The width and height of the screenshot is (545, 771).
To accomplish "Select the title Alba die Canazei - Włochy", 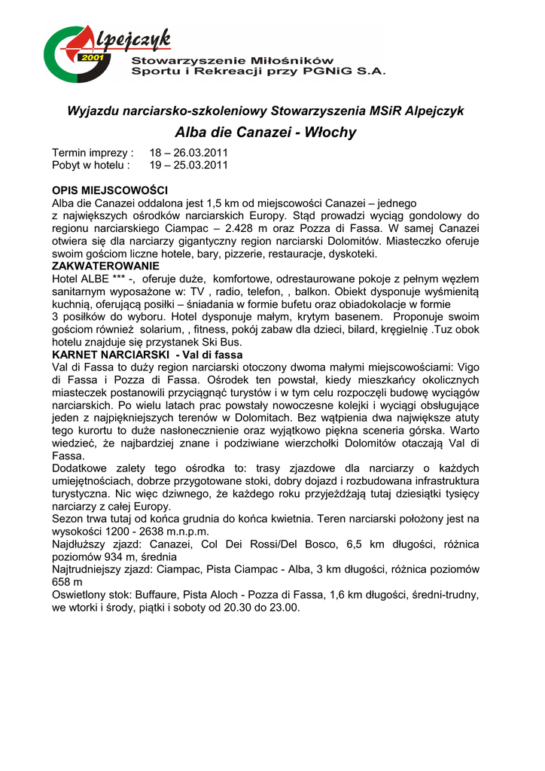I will pyautogui.click(x=266, y=133).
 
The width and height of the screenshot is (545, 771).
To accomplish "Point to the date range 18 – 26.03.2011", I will pyautogui.click(x=187, y=152).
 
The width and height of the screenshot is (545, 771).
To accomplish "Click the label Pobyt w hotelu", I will pyautogui.click(x=90, y=164).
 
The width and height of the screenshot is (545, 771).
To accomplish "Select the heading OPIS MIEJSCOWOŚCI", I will pyautogui.click(x=109, y=191).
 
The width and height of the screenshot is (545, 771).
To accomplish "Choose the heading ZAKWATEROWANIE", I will pyautogui.click(x=105, y=266).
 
